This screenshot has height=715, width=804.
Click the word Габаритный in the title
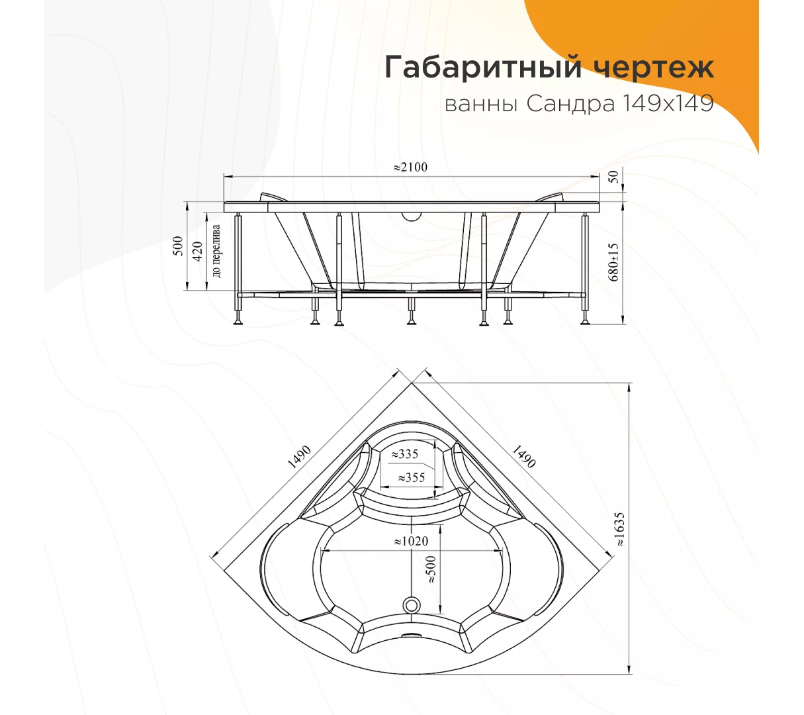point(483,68)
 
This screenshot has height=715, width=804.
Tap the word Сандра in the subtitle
point(570,105)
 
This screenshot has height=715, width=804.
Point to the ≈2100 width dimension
point(410,167)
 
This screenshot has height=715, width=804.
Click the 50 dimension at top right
point(614,177)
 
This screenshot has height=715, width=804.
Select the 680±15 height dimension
point(613,263)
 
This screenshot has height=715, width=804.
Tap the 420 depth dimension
point(197,252)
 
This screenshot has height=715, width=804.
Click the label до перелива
point(216,251)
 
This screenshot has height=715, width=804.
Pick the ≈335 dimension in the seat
point(405,453)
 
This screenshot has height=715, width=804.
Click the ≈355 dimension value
point(412,477)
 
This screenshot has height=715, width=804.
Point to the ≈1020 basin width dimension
point(411,541)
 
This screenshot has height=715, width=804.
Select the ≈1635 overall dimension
point(619,530)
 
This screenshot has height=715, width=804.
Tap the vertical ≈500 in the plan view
point(431,569)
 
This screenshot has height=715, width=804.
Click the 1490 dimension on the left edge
point(299,457)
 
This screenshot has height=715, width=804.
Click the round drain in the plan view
point(411,605)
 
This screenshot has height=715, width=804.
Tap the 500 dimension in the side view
point(179,246)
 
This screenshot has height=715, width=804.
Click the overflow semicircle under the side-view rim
point(411,216)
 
